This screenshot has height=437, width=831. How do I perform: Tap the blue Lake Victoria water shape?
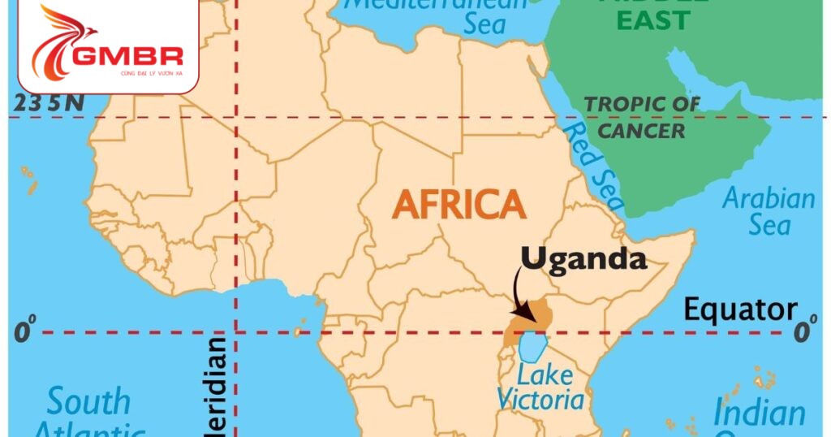(531, 346)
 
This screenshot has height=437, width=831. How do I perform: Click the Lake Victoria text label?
(540, 387)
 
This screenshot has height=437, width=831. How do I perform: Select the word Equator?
(740, 309)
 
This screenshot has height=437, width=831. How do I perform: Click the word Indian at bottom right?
(760, 413)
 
